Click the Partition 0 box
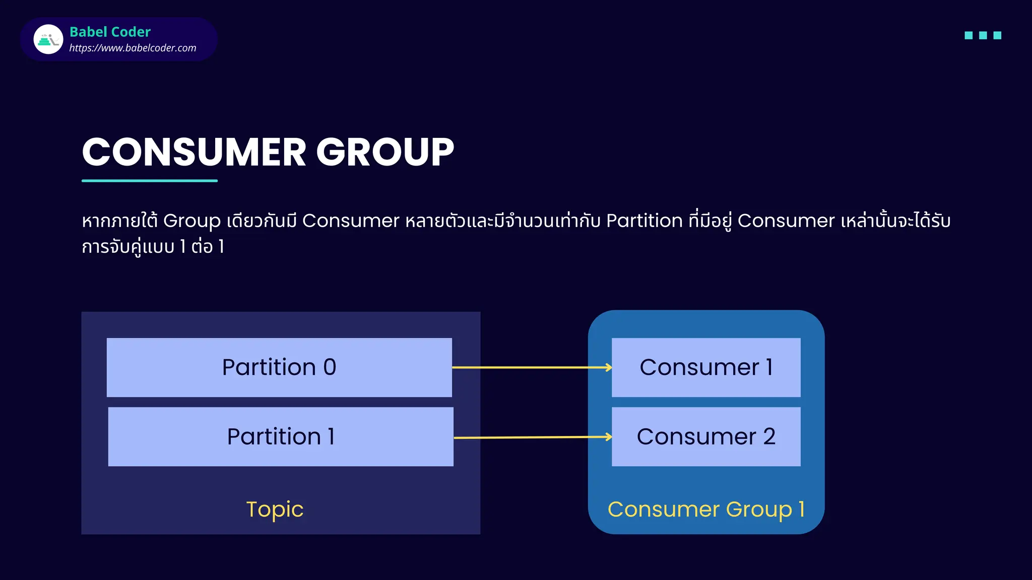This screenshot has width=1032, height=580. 279,367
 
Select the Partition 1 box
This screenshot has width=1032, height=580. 281,437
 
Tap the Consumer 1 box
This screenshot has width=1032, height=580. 705,367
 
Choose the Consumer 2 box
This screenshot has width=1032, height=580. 705,437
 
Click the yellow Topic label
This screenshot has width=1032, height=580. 275,510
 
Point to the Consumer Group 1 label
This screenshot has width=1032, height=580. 705,510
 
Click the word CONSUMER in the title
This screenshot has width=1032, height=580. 194,152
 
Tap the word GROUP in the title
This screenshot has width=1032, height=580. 385,152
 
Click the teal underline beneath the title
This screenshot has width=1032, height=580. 150,180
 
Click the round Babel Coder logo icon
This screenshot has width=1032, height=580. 48,39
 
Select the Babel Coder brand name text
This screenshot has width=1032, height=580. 110,32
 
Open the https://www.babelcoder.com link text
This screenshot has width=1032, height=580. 133,48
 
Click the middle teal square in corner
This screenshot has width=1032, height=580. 983,35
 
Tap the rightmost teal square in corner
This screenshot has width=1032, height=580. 997,35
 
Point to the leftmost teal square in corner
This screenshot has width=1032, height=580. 968,35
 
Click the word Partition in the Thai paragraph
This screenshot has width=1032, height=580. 644,221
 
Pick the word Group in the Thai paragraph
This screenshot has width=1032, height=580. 191,221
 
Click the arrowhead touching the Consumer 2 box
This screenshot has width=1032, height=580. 609,437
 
